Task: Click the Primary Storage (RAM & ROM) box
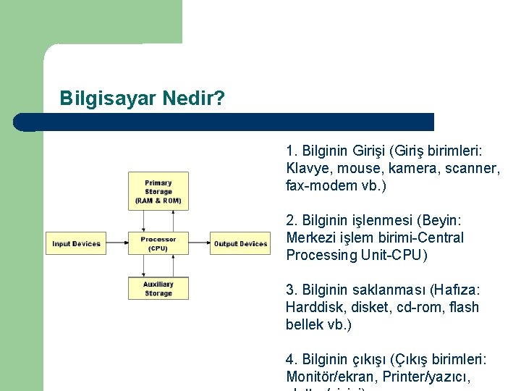pos(158,190)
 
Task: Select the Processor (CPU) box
pos(158,243)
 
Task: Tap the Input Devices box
pos(76,243)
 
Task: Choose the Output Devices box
pos(240,243)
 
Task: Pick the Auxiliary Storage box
pos(158,288)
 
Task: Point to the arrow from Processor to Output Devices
pos(199,243)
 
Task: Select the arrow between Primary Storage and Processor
pos(158,221)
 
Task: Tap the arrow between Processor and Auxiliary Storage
pos(158,266)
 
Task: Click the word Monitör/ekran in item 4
pos(330,376)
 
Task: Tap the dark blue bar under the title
pos(224,122)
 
